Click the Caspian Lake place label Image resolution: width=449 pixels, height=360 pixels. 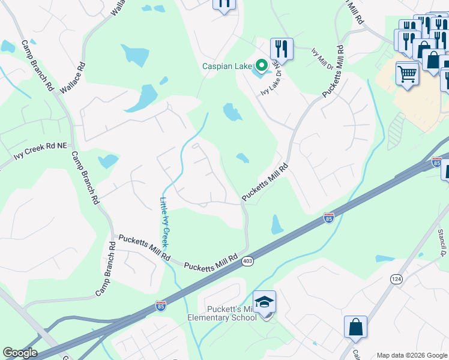click(x=227, y=66)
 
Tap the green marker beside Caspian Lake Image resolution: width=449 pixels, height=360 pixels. click(x=261, y=65)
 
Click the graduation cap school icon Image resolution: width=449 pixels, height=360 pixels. click(x=264, y=302)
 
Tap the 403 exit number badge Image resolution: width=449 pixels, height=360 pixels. click(x=247, y=262)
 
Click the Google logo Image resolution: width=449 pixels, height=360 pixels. click(x=19, y=353)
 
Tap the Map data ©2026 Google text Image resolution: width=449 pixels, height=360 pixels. click(x=411, y=355)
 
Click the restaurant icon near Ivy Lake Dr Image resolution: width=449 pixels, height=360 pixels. click(x=281, y=48)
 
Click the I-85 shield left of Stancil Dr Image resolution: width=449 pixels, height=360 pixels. click(x=328, y=217)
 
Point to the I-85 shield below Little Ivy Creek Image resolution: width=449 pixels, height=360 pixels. click(x=160, y=305)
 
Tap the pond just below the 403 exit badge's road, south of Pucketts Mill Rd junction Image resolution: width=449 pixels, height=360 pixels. click(x=277, y=225)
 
